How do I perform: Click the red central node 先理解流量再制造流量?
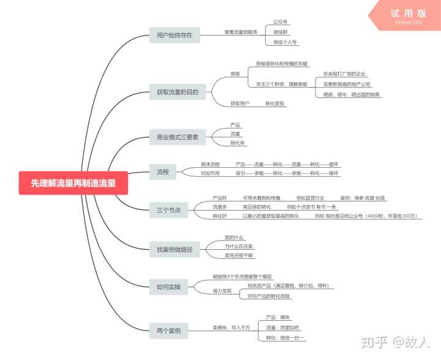pyautogui.click(x=73, y=182)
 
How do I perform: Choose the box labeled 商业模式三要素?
pyautogui.click(x=178, y=137)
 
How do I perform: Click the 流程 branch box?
pyautogui.click(x=163, y=171)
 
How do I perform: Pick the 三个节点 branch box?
pyautogui.click(x=168, y=211)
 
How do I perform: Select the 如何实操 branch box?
pyautogui.click(x=168, y=287)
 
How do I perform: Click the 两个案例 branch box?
pyautogui.click(x=168, y=331)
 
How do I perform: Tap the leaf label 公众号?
pyautogui.click(x=281, y=21)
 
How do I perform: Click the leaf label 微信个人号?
pyautogui.click(x=285, y=42)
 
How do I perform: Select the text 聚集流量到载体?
pyautogui.click(x=241, y=32)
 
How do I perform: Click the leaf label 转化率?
pyautogui.click(x=237, y=143)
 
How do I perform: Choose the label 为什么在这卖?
pyautogui.click(x=239, y=246)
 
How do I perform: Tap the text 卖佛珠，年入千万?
pyautogui.click(x=231, y=328)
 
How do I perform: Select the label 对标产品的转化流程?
pyautogui.click(x=268, y=296)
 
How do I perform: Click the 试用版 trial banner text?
pyautogui.click(x=407, y=13)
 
